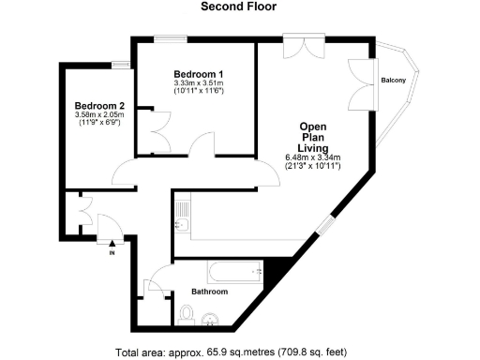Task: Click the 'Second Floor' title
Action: coord(239,7)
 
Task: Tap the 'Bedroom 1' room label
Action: coord(199,74)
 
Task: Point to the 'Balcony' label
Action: coord(394,81)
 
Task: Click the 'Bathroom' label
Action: coord(210,292)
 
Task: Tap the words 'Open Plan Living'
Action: coord(313,137)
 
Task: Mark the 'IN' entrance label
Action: coord(112,252)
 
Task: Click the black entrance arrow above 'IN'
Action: coord(112,243)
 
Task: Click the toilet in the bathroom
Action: coord(184,317)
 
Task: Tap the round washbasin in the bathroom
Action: coord(213,318)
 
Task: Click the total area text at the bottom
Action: coord(231,352)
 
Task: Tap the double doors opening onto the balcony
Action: coord(361,84)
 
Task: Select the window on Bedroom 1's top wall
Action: coord(170,38)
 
